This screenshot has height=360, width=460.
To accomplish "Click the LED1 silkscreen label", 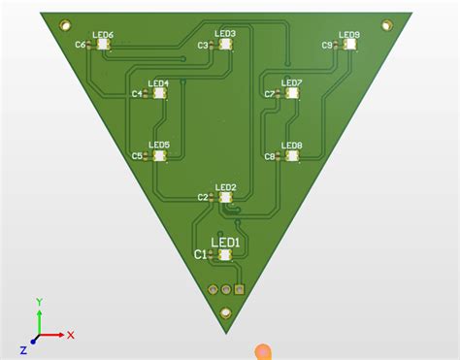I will point(226,242).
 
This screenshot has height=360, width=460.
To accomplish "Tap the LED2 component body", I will point(226,197).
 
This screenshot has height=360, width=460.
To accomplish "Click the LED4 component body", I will point(159,94).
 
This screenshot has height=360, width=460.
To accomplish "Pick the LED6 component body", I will point(104,45).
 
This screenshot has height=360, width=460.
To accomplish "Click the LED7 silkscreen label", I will point(292,83).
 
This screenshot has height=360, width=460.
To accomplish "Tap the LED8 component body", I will point(292,155).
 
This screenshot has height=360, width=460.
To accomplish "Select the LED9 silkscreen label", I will point(349,35).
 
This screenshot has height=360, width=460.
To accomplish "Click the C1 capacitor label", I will point(201,255).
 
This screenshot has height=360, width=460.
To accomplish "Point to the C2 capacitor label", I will point(203,198).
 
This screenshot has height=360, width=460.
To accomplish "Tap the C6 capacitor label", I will point(80,45).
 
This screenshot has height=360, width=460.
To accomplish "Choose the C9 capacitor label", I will point(327,45).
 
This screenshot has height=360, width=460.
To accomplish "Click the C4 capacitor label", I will point(136,94).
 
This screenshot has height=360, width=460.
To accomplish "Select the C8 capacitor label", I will point(270,156).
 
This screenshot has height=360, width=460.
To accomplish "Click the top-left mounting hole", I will point(65,24).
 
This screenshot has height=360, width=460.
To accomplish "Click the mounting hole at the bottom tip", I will point(226,312).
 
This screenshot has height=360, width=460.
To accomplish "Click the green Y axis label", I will point(38,302).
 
